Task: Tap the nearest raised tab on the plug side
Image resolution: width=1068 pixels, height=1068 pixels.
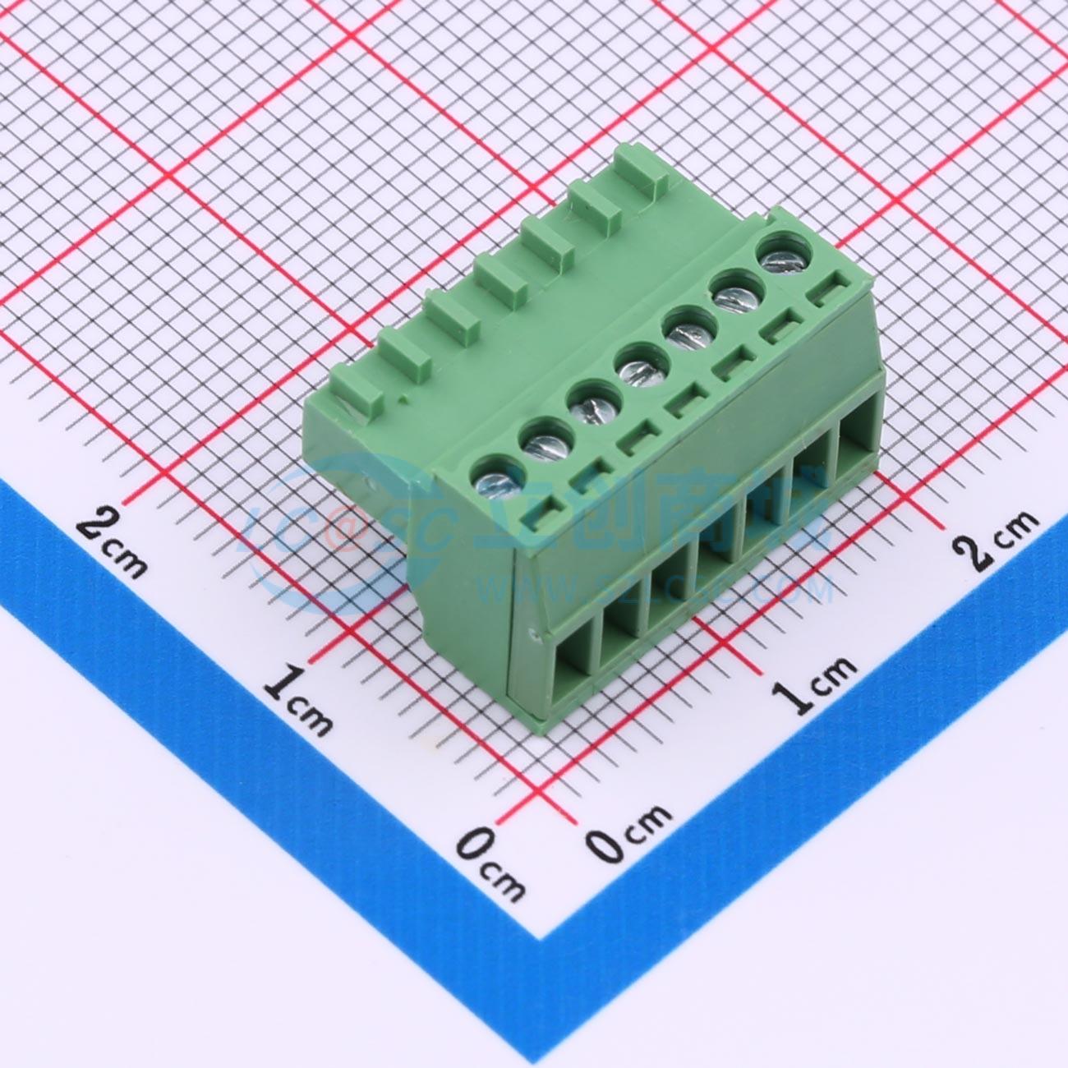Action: tap(355, 391)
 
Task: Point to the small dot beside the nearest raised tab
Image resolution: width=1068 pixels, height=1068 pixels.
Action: tap(402, 401)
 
